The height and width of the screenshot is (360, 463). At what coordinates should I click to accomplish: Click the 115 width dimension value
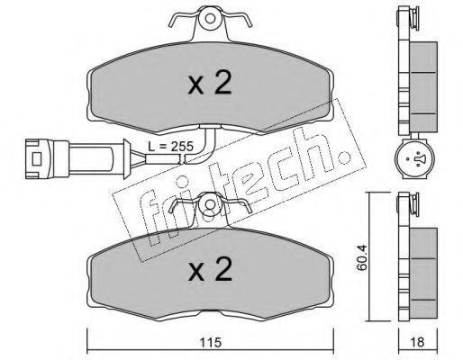point(211,342)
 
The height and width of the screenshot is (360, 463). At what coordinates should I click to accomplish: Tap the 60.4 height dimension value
point(362,258)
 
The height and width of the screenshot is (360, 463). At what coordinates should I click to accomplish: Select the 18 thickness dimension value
point(418,342)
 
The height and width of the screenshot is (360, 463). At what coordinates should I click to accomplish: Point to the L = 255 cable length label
point(170,147)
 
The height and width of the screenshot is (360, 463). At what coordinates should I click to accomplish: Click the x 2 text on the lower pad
point(211,269)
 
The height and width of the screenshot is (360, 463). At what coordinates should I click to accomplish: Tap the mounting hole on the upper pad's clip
point(210,19)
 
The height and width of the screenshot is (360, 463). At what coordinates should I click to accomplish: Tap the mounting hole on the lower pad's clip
point(210,204)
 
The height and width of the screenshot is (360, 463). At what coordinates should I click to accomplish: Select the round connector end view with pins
point(414,158)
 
